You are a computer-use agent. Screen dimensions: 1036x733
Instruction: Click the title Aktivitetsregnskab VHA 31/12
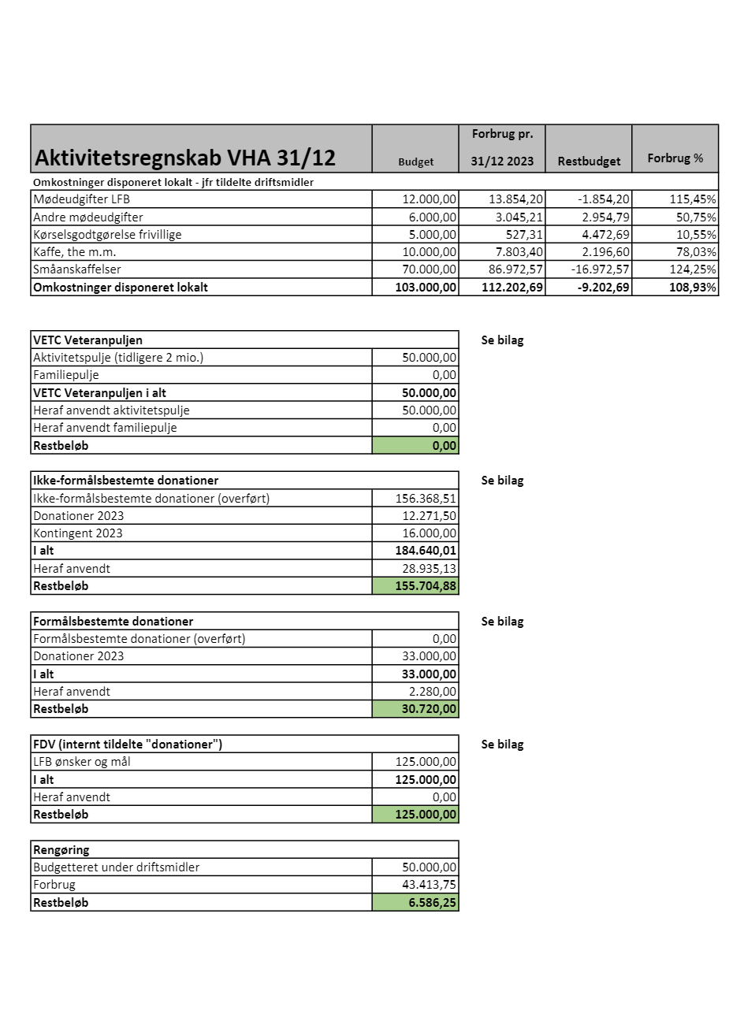185,158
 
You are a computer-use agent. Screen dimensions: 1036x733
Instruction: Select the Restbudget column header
589,161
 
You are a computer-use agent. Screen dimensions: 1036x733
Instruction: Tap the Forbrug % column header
675,158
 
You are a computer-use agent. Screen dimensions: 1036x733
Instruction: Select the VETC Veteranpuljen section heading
87,340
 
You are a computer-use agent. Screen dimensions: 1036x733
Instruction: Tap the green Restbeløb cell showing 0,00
415,446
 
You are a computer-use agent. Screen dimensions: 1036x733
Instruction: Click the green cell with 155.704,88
415,586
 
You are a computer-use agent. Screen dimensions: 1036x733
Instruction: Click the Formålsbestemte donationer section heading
113,622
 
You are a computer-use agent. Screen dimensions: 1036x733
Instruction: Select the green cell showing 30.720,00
415,709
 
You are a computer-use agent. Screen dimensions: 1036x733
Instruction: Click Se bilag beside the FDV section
502,745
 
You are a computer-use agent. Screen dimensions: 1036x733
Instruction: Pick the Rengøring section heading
61,850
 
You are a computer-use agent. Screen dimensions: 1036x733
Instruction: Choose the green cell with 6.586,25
415,903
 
